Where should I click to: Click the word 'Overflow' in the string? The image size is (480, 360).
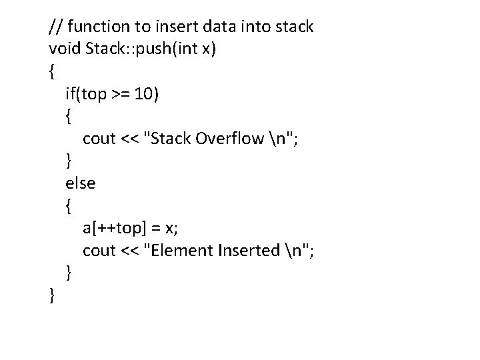tap(230, 139)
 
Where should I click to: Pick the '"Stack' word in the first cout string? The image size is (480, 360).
tap(170, 139)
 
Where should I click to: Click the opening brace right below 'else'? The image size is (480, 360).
tap(69, 206)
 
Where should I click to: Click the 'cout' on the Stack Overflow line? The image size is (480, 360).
tap(98, 139)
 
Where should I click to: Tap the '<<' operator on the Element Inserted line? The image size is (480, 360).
tap(130, 251)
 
